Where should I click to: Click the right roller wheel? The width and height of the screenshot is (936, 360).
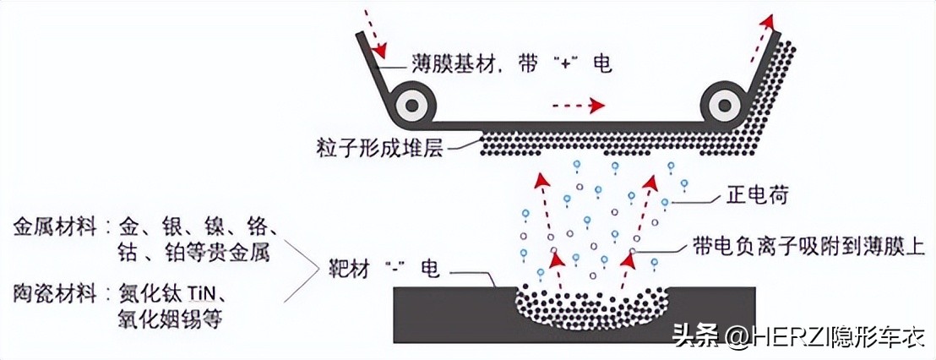pos(725,106)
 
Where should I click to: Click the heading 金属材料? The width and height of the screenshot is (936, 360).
pos(52,227)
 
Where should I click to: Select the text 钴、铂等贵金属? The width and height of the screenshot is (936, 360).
pos(195,252)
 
